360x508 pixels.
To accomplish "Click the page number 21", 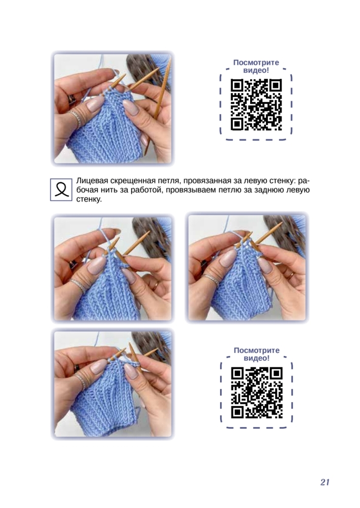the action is tap(324, 482).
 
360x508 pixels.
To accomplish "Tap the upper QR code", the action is tap(256, 105).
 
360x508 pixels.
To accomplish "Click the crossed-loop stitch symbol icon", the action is tap(61, 189).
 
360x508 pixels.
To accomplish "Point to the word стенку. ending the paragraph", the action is tap(89, 199).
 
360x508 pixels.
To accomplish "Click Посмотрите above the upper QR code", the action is tap(256, 62).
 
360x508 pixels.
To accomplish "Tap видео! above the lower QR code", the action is tap(257, 358).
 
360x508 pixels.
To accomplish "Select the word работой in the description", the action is tap(146, 190).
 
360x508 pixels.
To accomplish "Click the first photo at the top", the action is tap(112, 108).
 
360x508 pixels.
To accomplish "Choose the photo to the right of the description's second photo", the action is tap(247, 268).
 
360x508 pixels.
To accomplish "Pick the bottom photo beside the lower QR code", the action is tap(112, 384).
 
